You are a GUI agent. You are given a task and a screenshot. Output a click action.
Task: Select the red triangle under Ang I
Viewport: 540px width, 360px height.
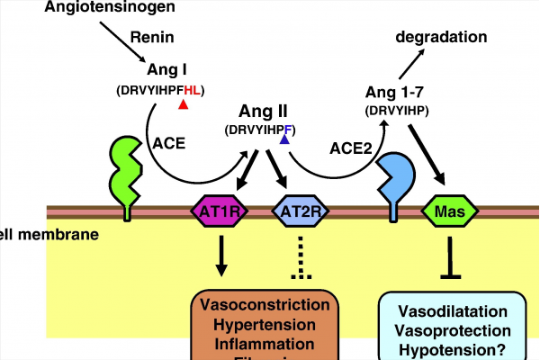(x=183, y=105)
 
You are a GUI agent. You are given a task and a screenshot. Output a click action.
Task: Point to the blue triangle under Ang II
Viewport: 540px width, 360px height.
(x=284, y=139)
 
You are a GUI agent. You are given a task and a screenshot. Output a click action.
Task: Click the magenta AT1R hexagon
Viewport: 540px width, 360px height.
(x=219, y=211)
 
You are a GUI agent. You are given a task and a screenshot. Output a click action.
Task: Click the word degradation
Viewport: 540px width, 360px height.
(x=441, y=37)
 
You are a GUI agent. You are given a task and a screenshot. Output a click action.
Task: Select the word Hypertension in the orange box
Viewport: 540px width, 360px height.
(x=263, y=324)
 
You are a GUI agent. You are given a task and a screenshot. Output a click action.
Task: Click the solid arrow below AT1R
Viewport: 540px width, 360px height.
(x=219, y=256)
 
